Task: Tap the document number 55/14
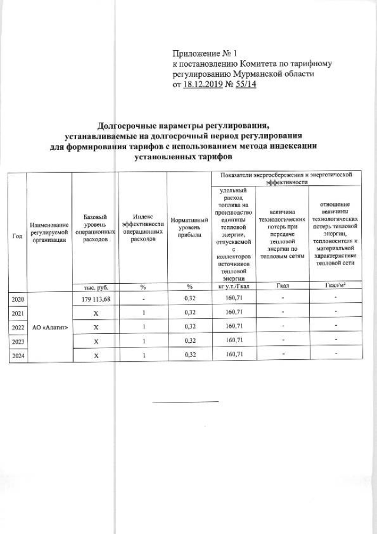245,85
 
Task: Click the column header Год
18,236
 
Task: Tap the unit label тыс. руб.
94,287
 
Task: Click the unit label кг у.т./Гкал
234,287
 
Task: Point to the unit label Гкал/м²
335,287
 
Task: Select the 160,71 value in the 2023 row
234,340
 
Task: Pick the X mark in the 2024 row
94,355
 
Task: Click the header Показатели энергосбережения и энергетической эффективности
285,179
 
